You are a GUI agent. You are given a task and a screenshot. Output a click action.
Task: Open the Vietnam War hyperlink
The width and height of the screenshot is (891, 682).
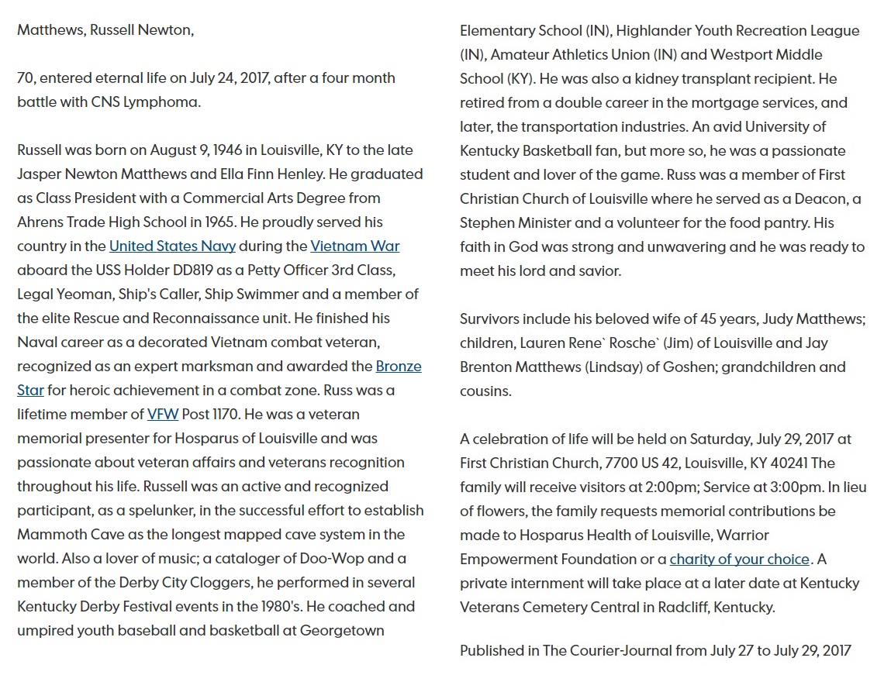pos(354,246)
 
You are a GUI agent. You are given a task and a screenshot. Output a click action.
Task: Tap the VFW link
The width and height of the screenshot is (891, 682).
pos(163,415)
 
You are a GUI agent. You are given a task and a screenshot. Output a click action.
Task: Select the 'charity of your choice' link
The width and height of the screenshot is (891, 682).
pos(739,559)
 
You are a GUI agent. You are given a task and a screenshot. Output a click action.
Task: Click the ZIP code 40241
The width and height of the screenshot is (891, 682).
pos(784,463)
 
